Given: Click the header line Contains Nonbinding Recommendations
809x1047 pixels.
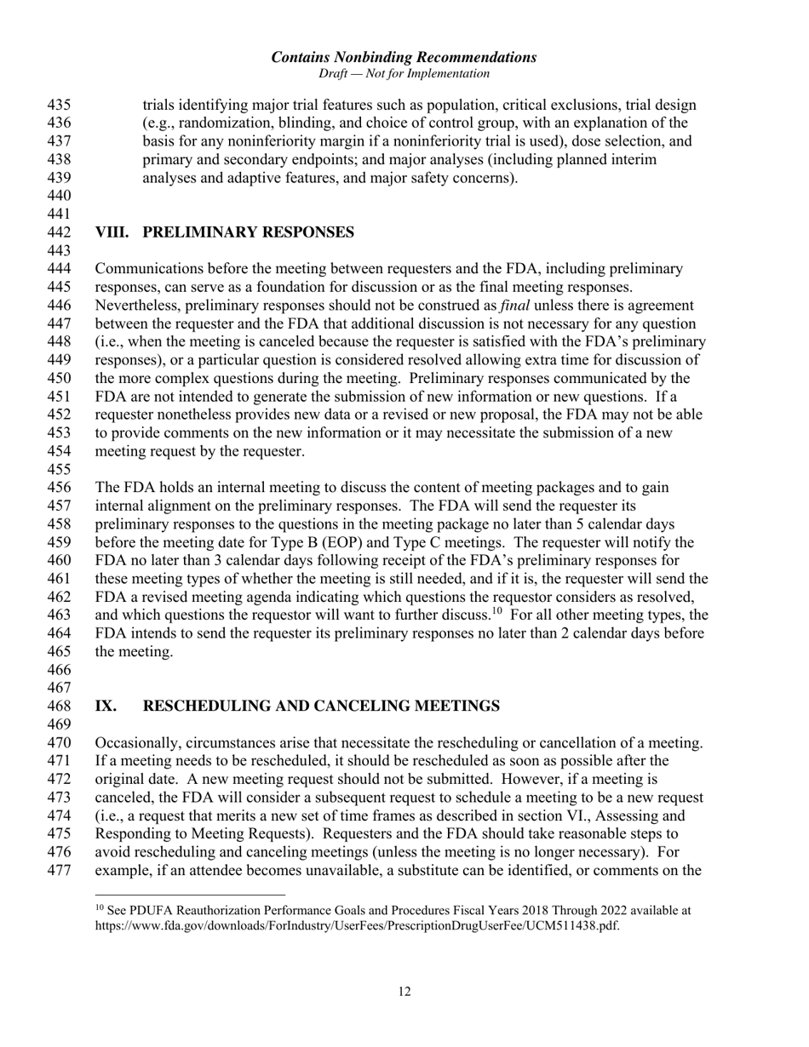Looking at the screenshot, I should point(404,58).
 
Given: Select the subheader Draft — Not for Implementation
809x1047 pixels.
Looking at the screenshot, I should point(404,74).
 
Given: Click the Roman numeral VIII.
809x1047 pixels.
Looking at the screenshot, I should point(112,232).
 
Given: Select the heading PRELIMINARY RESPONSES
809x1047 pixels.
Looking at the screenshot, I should point(255,232).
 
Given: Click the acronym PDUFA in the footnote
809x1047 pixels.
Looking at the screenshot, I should point(152,911).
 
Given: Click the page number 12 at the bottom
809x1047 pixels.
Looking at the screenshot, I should point(404,992).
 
